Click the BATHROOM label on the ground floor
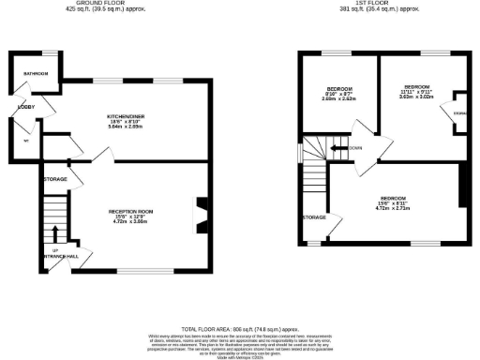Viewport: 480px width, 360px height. click(36, 72)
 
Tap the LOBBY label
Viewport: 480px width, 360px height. click(25, 108)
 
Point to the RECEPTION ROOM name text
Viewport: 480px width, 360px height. click(131, 212)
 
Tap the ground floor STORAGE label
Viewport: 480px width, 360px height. click(55, 177)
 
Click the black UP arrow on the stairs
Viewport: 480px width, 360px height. click(56, 236)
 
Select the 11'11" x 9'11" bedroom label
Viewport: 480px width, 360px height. click(417, 90)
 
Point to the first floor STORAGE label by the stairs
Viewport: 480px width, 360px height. click(313, 217)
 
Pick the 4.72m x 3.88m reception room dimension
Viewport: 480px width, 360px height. click(131, 222)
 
